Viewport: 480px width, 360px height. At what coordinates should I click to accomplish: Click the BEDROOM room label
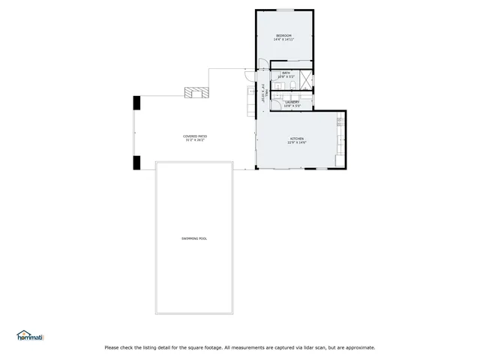pos(283,35)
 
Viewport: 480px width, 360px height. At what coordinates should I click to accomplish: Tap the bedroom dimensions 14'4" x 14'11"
pos(283,39)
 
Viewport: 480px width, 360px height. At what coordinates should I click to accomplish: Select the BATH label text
pos(286,73)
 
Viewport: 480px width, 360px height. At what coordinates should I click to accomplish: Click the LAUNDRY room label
pos(292,102)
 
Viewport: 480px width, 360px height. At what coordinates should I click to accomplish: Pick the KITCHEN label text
pos(298,139)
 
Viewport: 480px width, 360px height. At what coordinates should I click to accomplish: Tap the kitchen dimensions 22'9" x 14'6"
pos(298,142)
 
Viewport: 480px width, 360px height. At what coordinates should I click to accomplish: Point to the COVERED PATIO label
pos(194,136)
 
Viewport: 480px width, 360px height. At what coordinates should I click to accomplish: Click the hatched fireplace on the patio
pos(198,92)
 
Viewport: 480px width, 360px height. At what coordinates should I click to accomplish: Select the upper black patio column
pos(136,103)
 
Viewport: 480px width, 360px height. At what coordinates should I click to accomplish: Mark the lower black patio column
pos(136,163)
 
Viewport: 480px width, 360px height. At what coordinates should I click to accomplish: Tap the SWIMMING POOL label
pos(193,238)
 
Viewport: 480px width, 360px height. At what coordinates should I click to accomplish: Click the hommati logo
pos(30,336)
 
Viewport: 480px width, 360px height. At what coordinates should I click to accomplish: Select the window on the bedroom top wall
pos(285,10)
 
